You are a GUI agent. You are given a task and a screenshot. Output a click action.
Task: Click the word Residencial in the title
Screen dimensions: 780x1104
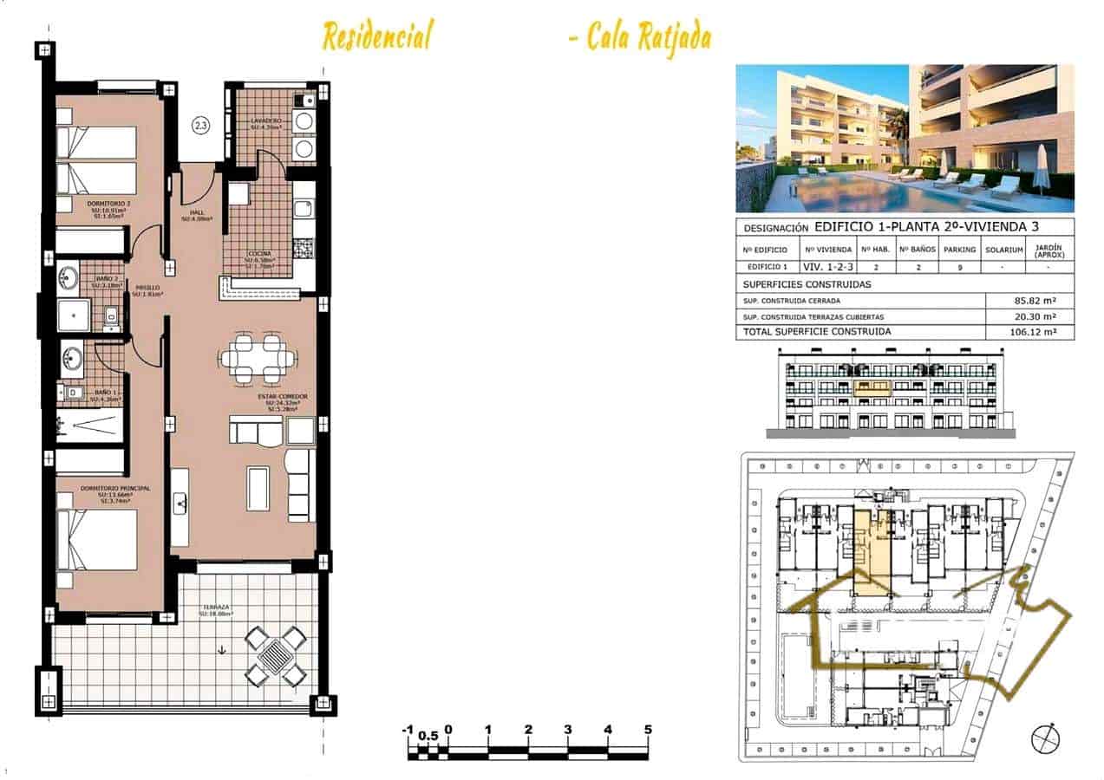[x=376, y=37]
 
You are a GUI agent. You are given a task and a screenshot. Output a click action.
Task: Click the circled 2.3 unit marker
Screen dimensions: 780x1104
[x=200, y=127]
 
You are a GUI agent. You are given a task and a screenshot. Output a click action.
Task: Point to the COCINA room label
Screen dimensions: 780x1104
[x=260, y=255]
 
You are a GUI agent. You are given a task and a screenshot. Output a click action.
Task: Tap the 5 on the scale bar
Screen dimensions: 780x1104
[x=648, y=730]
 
